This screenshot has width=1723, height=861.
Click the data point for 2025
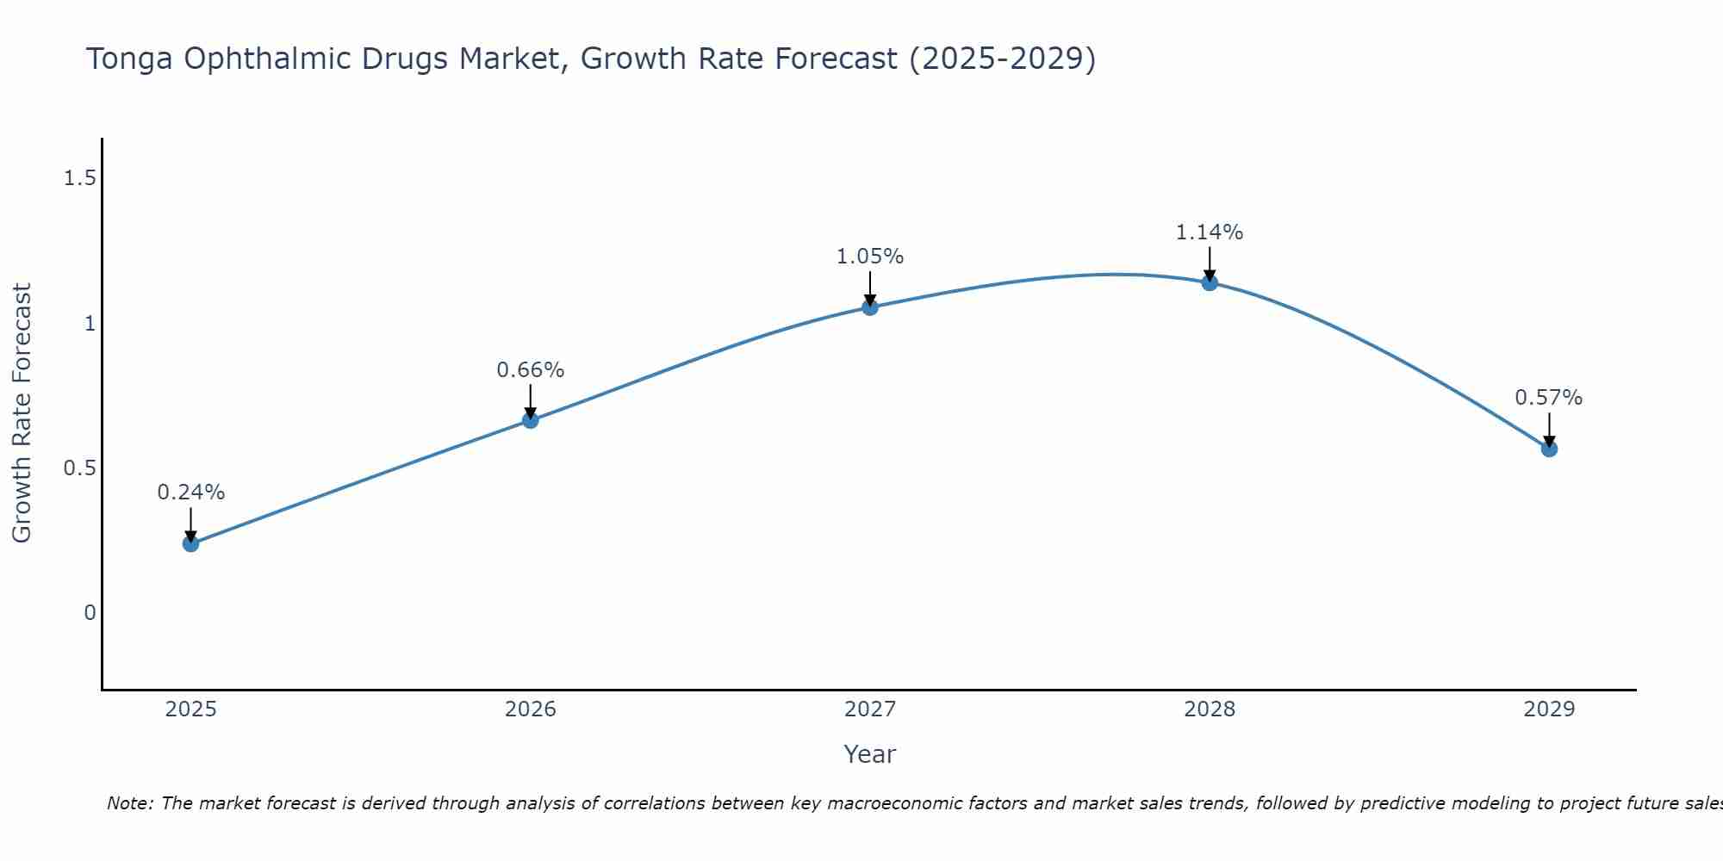190,543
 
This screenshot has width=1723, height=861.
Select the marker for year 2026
530,420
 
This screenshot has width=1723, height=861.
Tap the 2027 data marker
869,307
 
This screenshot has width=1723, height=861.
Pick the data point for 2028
1209,282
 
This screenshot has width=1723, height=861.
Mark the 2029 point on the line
1548,449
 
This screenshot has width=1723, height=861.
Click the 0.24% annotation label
190,492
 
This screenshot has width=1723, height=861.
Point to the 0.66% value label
530,370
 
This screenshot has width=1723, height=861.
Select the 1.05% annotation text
869,257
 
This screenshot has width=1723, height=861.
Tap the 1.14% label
1209,232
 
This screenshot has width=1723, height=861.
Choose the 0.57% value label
1548,398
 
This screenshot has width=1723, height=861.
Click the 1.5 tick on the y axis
79,178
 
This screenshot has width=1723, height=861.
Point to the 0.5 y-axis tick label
79,468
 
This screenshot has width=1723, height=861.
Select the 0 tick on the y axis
90,613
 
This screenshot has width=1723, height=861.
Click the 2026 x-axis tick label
530,709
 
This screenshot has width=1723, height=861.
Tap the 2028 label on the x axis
1209,709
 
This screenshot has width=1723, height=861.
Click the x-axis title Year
869,754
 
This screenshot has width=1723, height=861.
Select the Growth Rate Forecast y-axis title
22,413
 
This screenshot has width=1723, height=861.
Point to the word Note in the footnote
129,803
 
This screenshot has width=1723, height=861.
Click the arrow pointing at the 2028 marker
1209,263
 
